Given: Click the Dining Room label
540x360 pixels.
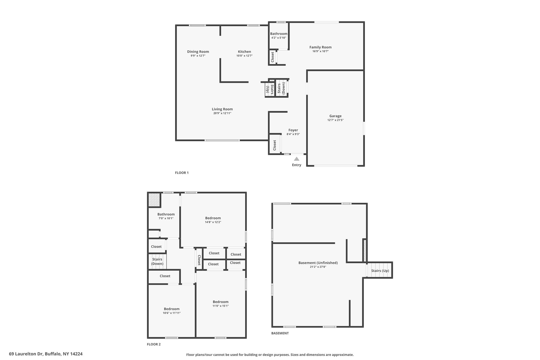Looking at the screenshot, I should pos(198,52).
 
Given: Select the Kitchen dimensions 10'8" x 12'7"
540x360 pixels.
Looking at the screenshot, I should pos(244,56).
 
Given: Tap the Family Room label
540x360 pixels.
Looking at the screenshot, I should pos(320,47).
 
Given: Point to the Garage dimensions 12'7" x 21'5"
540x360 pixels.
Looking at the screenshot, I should pos(335,120).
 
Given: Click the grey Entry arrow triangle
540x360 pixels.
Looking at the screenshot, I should pos(297,159).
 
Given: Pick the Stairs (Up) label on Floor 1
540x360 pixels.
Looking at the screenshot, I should pos(270,89).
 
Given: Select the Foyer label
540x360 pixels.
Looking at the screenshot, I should pos(293,130).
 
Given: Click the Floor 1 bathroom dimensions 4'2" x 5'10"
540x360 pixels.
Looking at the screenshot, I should pos(279,38).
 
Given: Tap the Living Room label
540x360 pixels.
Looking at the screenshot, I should pos(222,109).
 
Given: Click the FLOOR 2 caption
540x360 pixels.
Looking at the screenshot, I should pos(154,344).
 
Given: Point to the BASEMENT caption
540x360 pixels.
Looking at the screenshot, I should pos(280,333).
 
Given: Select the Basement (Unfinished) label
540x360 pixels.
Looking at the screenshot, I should pos(318,263).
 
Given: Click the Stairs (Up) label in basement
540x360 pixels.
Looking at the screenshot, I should pos(380,271).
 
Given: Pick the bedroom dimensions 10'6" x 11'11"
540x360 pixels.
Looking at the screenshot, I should pos(172,313).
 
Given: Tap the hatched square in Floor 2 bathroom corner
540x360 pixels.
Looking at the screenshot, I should pos(154,200).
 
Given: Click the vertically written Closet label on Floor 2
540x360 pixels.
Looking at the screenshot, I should pos(199,260).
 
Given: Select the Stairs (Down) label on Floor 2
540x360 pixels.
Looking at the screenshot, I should pos(157,261).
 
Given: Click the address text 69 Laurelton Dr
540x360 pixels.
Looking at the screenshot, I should pos(26,354).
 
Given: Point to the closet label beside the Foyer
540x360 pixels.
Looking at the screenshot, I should pos(274,145).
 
